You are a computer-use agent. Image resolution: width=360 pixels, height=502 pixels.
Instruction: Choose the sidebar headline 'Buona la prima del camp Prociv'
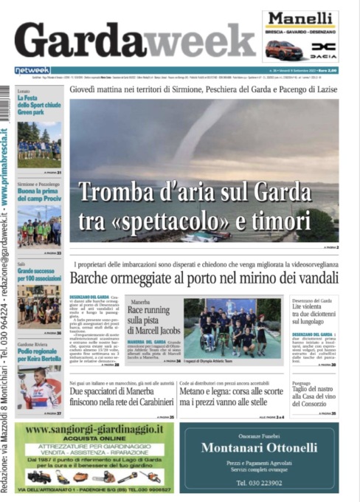[38, 193]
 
